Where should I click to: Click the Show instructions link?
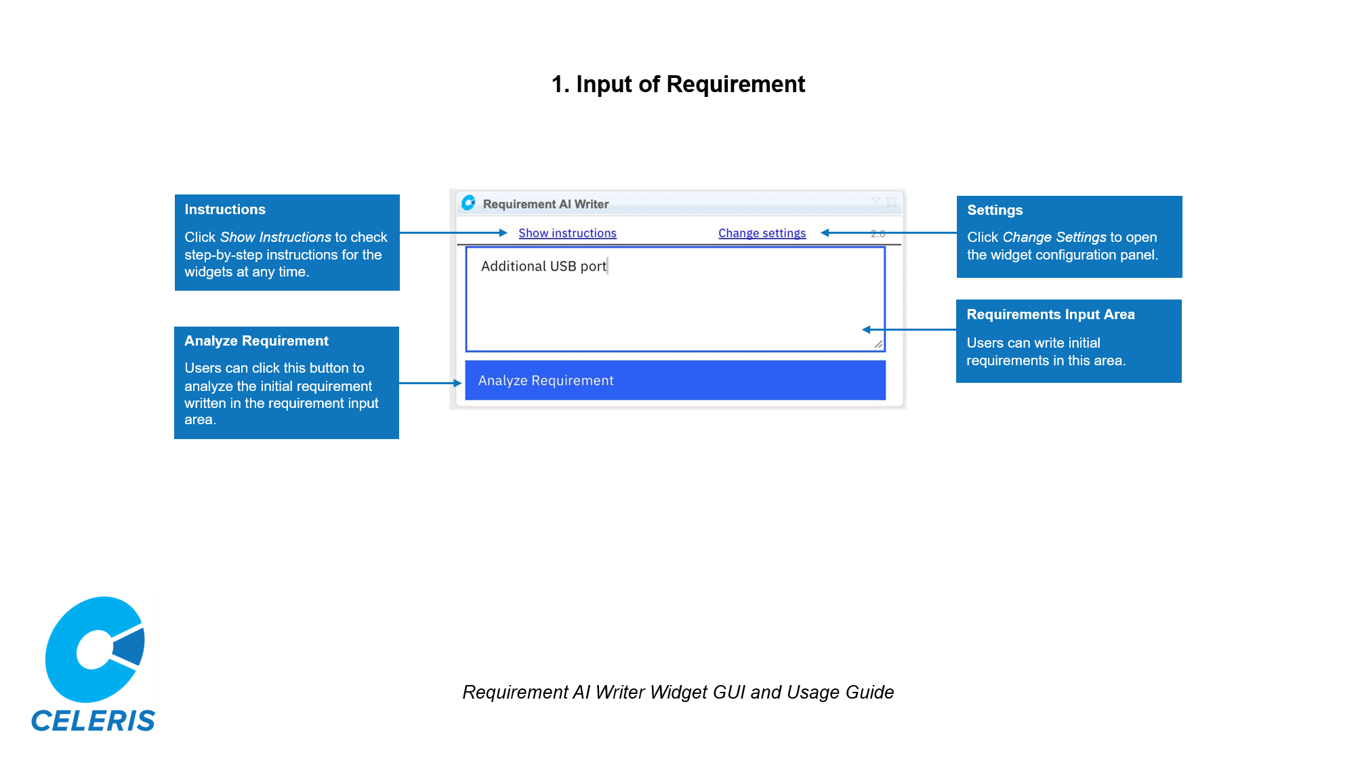[567, 233]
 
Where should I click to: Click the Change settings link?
[762, 233]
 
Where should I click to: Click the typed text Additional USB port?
[543, 266]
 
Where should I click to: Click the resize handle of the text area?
[878, 344]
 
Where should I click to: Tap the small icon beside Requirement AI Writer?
[468, 203]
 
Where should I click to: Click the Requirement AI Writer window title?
[546, 204]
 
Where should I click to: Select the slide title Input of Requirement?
[678, 84]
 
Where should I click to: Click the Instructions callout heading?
[225, 209]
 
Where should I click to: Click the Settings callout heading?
[995, 210]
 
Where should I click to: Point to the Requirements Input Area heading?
[1050, 314]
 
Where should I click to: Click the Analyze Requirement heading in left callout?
[256, 341]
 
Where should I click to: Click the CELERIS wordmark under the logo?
[94, 720]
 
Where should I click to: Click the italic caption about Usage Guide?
[678, 692]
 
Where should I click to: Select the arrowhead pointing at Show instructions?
[503, 232]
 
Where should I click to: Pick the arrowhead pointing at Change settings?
[825, 232]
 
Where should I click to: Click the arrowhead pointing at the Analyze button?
[458, 383]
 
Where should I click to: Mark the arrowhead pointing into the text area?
[866, 329]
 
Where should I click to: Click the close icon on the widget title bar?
[892, 202]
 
